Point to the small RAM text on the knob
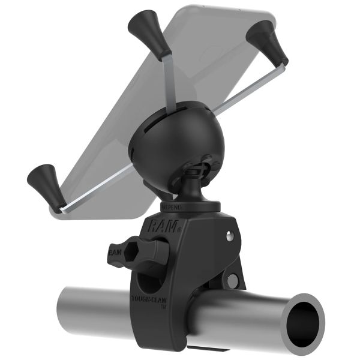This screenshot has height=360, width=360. click(x=113, y=252)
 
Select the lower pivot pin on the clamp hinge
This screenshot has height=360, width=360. click(x=233, y=280)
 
